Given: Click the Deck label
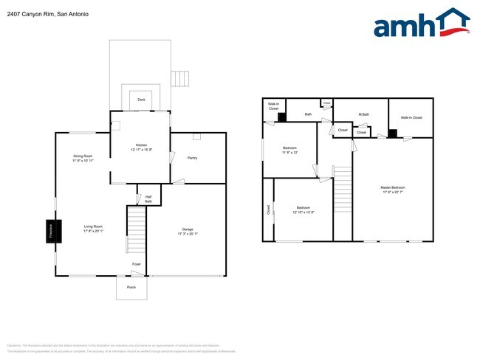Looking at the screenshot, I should click(141, 99).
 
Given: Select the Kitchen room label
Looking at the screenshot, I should click(141, 145).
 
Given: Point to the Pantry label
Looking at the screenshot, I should click(192, 158).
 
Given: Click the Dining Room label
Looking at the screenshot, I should click(83, 156).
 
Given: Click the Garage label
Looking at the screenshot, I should click(188, 229).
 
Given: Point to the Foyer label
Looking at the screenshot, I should click(137, 263).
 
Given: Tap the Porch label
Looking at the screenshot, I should click(131, 287).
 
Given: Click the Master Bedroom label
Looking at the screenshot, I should click(393, 187).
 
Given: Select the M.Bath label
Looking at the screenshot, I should click(363, 114).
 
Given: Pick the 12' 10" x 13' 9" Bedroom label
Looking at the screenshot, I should click(303, 207).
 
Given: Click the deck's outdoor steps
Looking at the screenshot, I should click(179, 79).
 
